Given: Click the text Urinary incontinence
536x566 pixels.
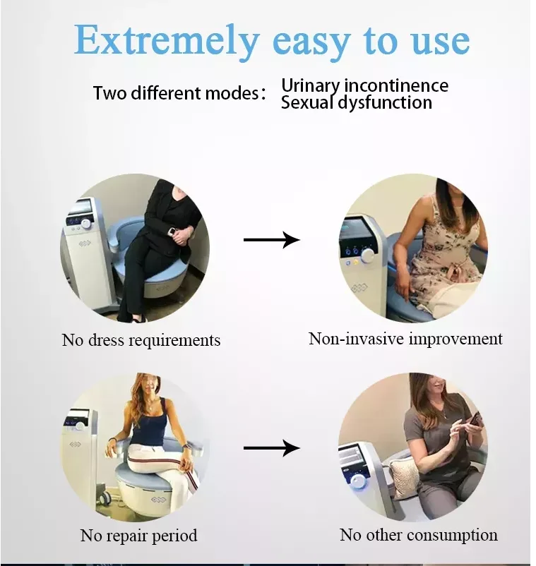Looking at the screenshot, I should point(364,85).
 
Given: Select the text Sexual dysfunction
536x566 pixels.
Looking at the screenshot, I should point(356,103).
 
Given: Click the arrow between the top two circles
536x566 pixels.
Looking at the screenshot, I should point(271,241).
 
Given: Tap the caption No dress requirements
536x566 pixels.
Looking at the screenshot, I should point(141,340).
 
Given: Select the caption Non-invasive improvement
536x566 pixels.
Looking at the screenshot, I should point(405,339).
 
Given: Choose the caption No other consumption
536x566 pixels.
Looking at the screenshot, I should point(418,535).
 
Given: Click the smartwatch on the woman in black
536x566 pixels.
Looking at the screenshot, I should point(174,230).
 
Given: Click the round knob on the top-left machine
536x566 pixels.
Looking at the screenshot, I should point(86,223).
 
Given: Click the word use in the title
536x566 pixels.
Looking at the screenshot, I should point(438,41).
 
